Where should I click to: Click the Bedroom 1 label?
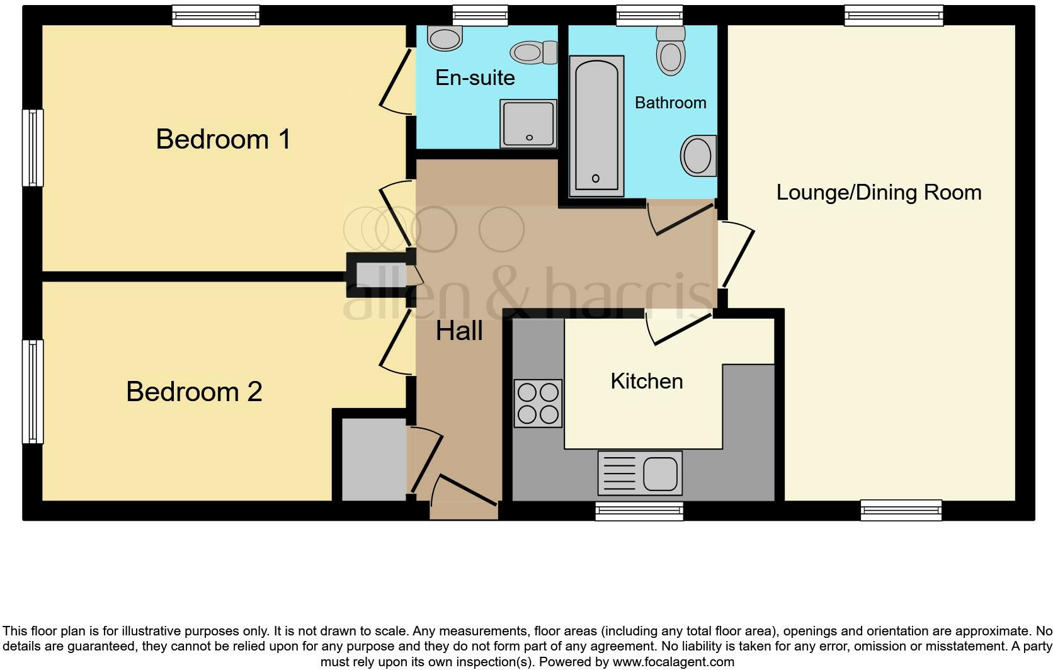point(223,139)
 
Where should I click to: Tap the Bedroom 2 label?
point(194,392)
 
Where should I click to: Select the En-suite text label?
point(475,77)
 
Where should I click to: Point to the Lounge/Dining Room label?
point(879,192)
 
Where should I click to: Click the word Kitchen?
point(647,381)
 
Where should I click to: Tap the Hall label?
point(459,331)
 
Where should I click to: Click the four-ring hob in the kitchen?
point(538,404)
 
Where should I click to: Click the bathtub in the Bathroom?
point(596,126)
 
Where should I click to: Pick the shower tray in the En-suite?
point(528,123)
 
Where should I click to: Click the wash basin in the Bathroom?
point(698,155)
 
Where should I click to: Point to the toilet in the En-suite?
point(533,52)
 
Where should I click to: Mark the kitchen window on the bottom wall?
point(639,511)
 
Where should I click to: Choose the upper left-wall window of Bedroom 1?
point(33,148)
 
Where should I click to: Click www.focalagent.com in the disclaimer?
point(673,662)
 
